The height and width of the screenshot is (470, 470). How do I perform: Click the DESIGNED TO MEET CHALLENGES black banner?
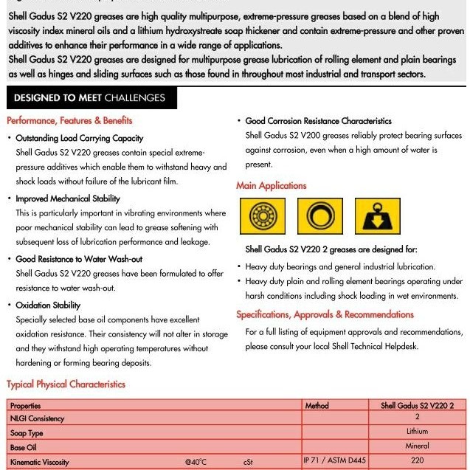click(89, 98)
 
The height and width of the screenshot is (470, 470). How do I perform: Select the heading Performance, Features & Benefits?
click(69, 120)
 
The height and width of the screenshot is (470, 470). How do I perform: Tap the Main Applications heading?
click(271, 186)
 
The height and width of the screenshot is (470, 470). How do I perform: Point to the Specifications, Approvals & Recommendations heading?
click(325, 315)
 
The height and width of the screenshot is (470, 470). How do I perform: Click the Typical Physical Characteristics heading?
click(66, 384)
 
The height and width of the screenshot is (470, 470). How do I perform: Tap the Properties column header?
click(26, 406)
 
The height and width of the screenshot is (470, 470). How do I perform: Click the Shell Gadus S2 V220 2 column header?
click(417, 406)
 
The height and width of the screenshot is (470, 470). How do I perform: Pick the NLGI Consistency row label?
click(38, 418)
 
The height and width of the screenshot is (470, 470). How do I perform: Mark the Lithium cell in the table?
click(417, 432)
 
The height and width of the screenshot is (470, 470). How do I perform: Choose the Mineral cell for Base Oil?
click(417, 446)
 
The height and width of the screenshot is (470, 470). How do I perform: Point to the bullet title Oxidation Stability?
click(48, 305)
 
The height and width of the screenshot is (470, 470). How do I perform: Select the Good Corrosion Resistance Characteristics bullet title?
click(318, 121)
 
